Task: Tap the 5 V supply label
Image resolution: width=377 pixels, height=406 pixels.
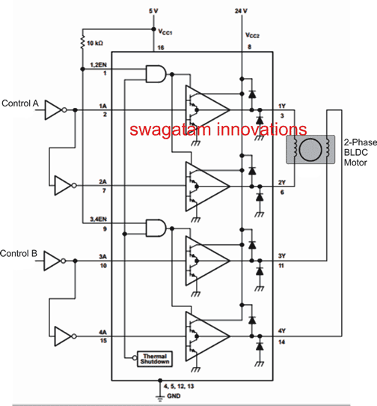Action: (154, 10)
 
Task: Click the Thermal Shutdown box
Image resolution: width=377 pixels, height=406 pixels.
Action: (153, 357)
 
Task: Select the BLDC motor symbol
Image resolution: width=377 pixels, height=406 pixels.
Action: (308, 148)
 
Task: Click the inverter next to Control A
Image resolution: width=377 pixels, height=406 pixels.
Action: (54, 110)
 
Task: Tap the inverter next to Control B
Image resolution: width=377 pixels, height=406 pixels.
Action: (54, 261)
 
